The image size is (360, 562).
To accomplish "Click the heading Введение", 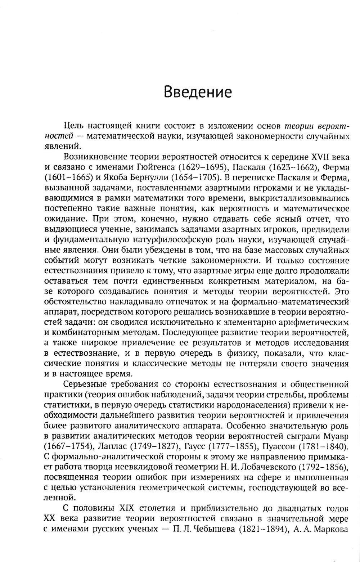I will tap(198, 92).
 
